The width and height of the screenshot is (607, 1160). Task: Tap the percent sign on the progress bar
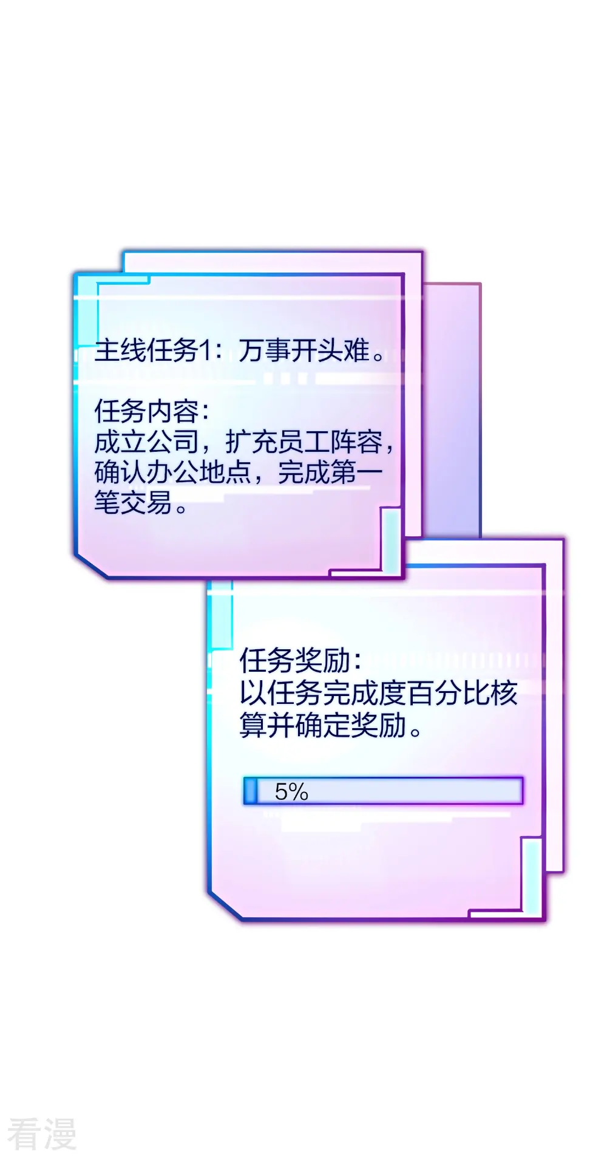299,791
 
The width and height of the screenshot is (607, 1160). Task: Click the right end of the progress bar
522,791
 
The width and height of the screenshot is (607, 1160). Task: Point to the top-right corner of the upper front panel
404,275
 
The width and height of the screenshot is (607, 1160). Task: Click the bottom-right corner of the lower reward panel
544,920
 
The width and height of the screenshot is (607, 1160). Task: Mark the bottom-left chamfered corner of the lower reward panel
225,906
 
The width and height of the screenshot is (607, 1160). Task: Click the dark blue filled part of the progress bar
250,791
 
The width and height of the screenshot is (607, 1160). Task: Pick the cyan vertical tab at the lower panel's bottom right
531,876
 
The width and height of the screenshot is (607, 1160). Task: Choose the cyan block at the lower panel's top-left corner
220,613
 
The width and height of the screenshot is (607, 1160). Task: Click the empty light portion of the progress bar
388,791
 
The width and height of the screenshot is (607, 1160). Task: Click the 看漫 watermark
42,1134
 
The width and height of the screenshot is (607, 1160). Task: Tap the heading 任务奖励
296,661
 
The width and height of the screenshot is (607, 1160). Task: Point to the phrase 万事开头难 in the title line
303,350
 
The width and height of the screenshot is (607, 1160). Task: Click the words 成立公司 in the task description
146,442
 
